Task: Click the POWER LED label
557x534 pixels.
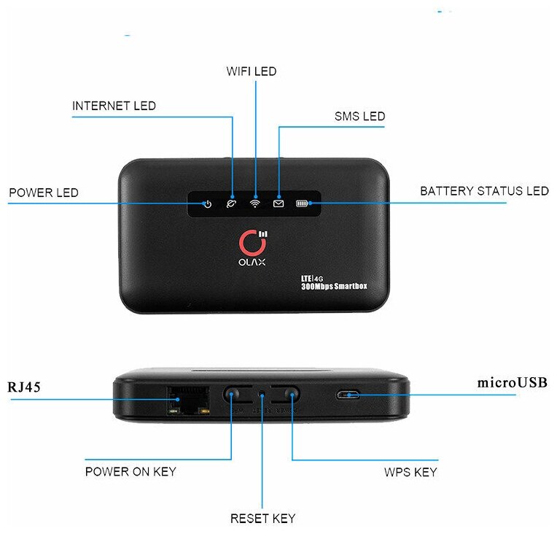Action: click(x=44, y=193)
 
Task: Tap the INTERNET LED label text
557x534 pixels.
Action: click(x=114, y=107)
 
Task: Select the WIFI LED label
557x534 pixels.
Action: click(x=252, y=71)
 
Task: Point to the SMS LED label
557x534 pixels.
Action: click(x=359, y=116)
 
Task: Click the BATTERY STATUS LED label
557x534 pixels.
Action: click(x=484, y=191)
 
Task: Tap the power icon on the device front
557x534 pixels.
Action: click(x=207, y=204)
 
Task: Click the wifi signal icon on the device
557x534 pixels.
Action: click(x=254, y=204)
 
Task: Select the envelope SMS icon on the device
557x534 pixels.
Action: click(x=278, y=204)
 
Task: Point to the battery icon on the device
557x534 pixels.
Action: click(x=302, y=204)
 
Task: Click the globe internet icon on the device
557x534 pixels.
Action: click(x=231, y=204)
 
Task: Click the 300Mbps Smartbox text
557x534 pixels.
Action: click(x=334, y=287)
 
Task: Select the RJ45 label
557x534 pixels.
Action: click(x=24, y=386)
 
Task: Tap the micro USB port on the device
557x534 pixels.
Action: click(x=348, y=395)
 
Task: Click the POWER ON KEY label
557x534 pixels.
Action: click(x=131, y=471)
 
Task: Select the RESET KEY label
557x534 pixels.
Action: click(x=262, y=519)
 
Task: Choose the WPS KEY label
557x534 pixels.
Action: click(x=410, y=472)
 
